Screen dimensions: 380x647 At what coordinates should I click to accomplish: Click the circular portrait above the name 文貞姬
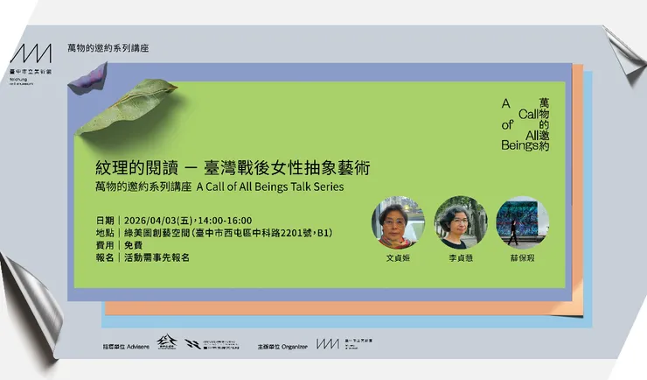click(x=398, y=223)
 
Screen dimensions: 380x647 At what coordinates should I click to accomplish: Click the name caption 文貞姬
click(x=398, y=259)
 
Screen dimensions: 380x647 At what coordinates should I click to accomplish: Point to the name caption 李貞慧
click(x=460, y=259)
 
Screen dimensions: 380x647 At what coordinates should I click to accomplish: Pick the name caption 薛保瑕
click(x=522, y=259)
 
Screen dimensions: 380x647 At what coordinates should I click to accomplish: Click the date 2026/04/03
click(x=156, y=220)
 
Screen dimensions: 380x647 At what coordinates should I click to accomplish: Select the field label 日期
click(x=105, y=220)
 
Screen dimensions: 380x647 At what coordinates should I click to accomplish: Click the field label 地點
click(x=105, y=233)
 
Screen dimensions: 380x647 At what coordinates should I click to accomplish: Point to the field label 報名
click(x=105, y=257)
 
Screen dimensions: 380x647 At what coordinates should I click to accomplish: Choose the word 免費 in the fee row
click(x=135, y=245)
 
